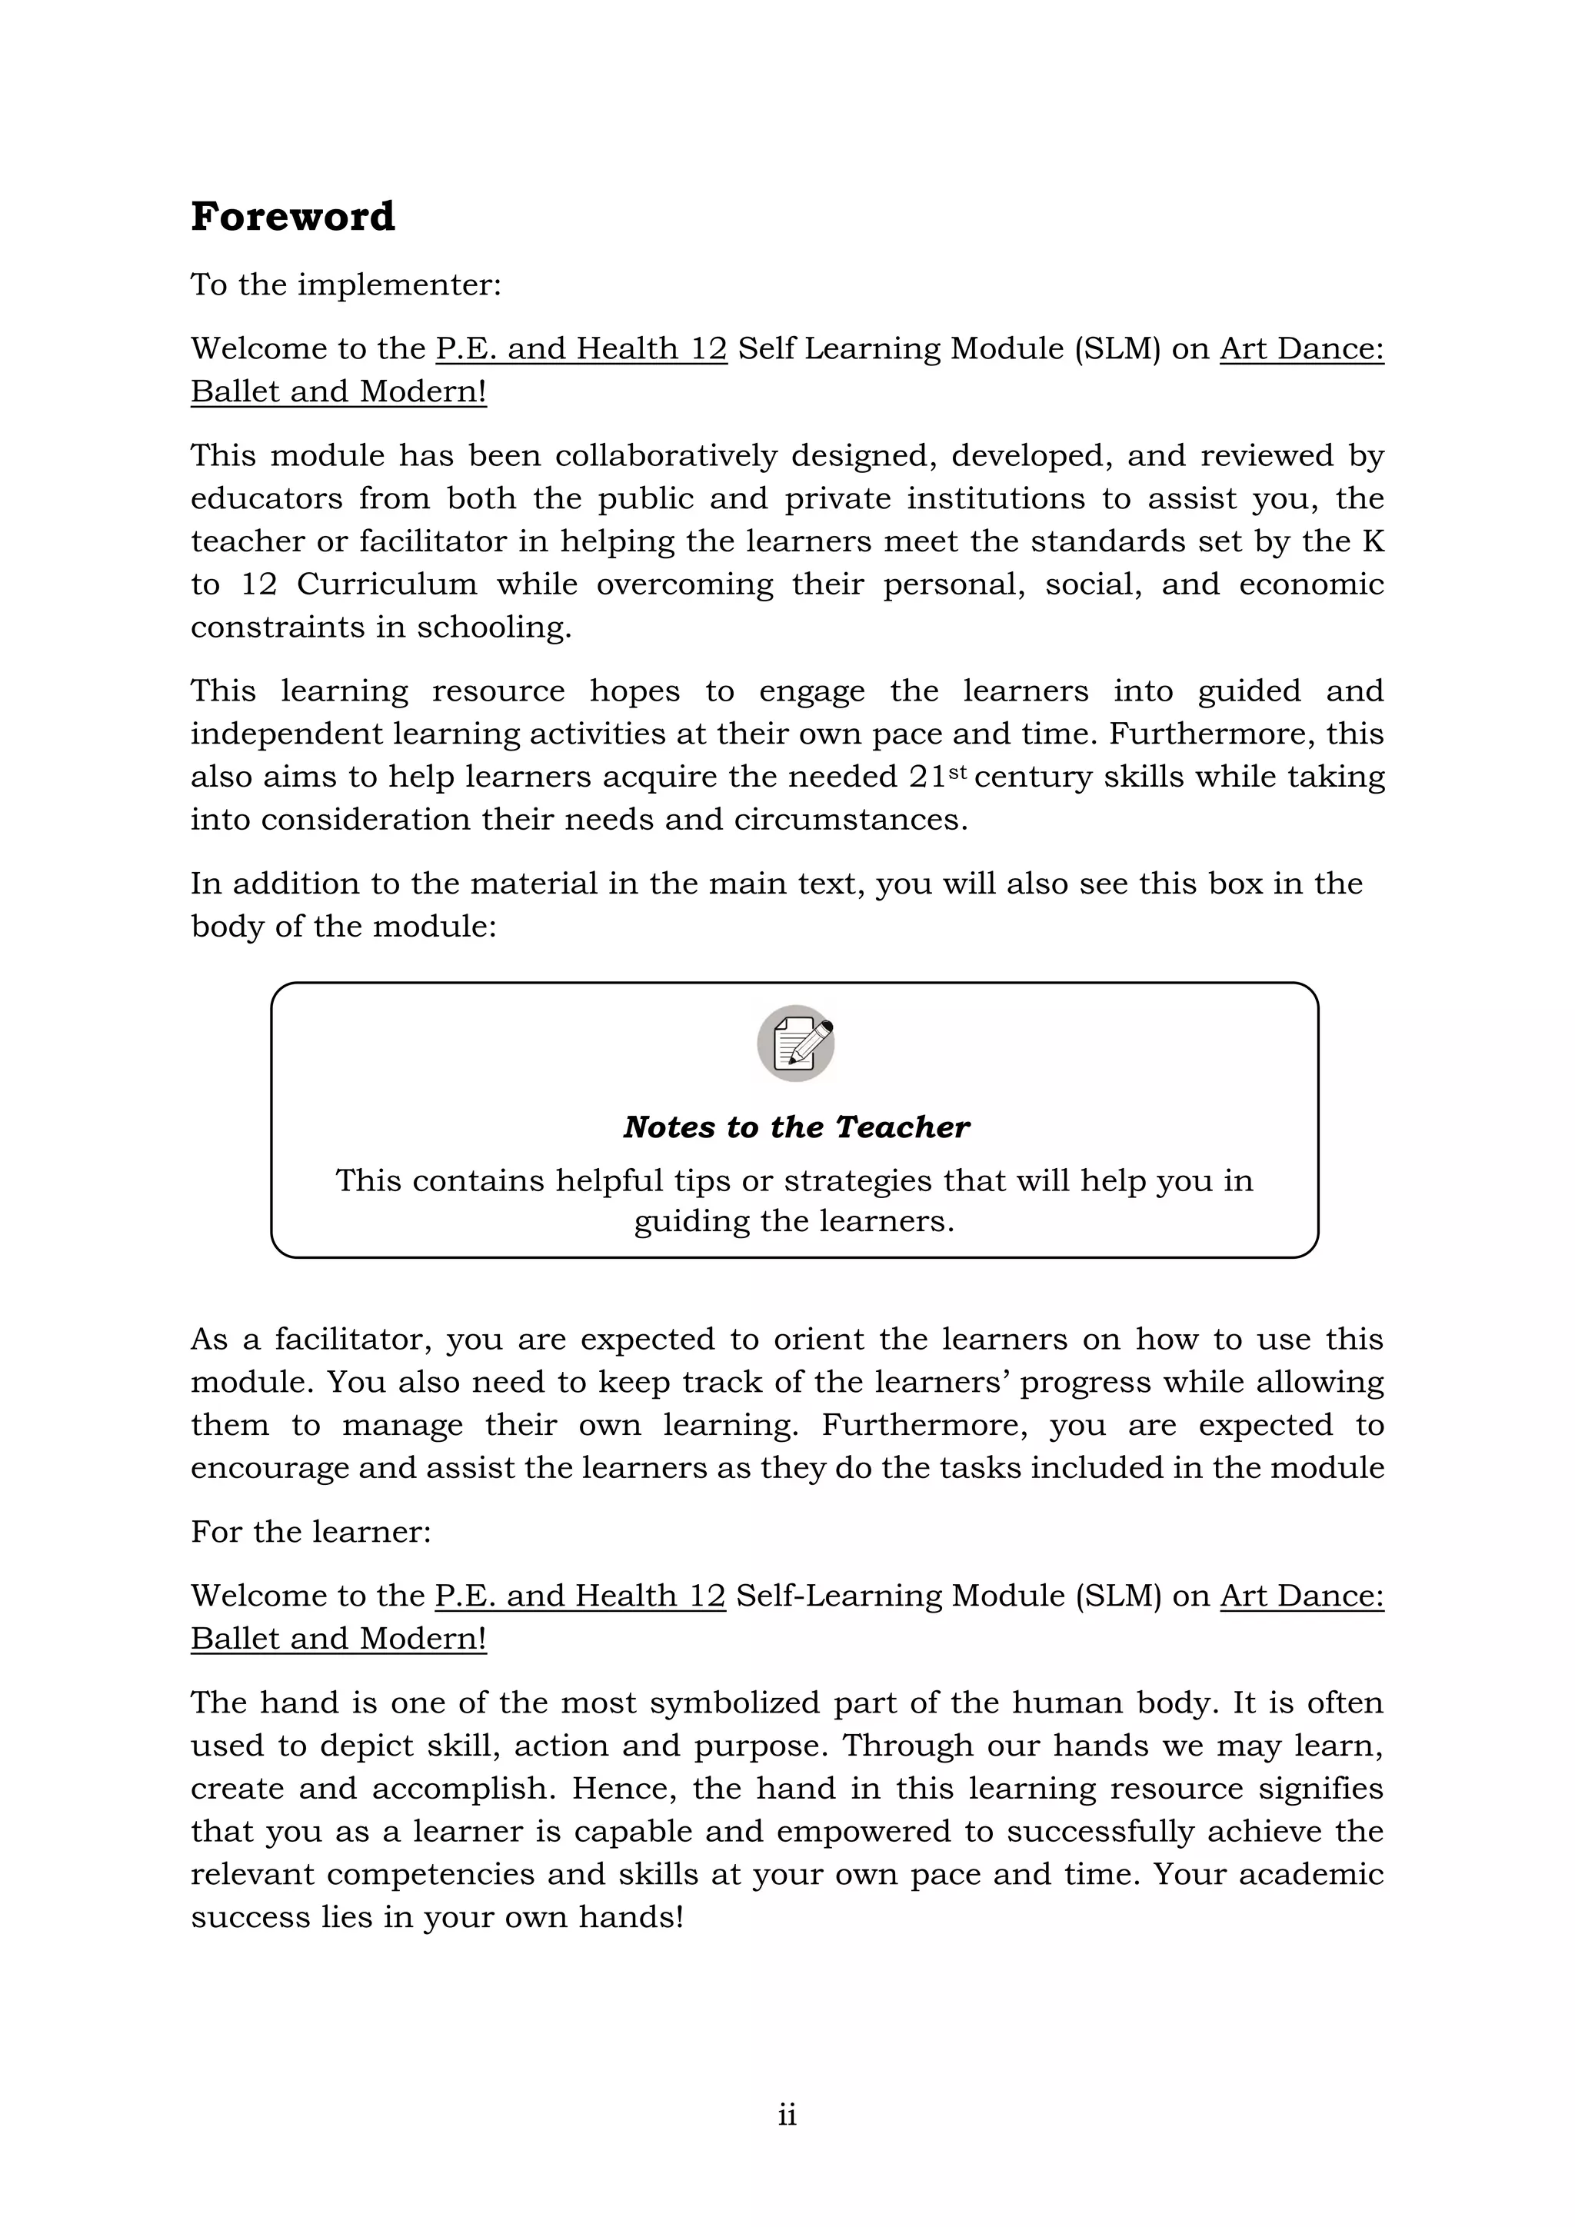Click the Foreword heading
point(293,216)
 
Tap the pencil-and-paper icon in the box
point(795,1043)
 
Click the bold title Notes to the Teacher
point(795,1127)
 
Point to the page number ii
point(787,2115)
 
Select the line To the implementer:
point(346,285)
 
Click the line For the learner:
point(311,1532)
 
